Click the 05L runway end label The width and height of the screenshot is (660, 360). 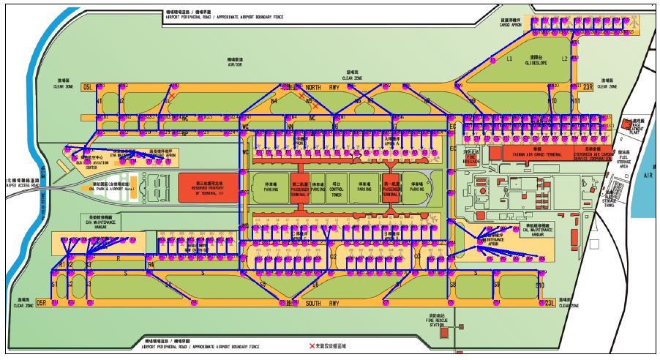(x=89, y=86)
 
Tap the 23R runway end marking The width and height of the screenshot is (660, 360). (x=587, y=86)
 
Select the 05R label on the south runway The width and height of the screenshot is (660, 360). (x=42, y=302)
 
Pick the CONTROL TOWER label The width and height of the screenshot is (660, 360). (x=337, y=192)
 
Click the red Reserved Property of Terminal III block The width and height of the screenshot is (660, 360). (x=208, y=187)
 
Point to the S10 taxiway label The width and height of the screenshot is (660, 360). (x=540, y=284)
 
